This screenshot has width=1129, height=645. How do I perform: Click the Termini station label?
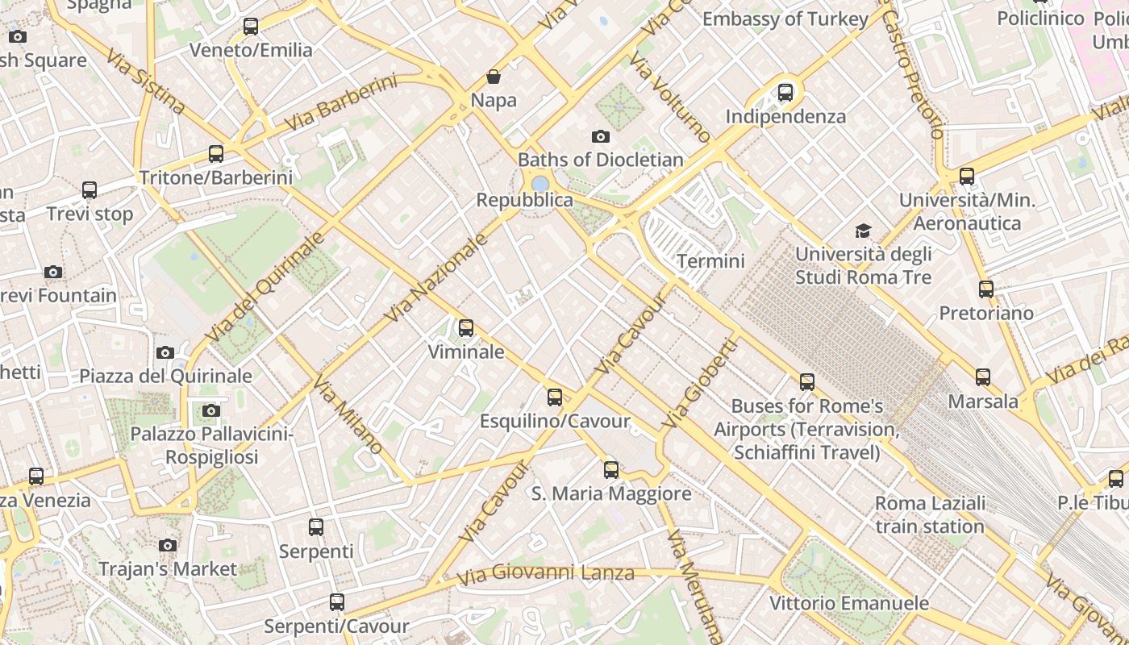click(710, 261)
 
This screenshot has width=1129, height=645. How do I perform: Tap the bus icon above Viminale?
click(466, 328)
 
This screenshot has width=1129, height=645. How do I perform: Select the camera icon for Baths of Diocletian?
click(600, 136)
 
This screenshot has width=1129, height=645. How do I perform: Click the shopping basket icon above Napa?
click(493, 77)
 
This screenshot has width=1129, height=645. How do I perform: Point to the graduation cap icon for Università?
click(864, 231)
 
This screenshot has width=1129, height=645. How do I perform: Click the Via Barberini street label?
click(342, 103)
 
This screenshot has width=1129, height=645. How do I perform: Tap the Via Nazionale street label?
click(436, 277)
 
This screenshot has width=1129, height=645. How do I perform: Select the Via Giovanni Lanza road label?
click(545, 575)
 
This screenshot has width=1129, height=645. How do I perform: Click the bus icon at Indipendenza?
click(785, 93)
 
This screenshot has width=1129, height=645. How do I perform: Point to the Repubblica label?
click(525, 200)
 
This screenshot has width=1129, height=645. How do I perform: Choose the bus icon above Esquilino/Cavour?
click(555, 397)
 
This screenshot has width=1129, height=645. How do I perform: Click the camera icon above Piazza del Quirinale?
click(165, 352)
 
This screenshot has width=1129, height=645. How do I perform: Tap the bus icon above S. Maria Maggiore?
click(611, 469)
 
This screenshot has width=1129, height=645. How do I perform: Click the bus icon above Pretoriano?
click(986, 289)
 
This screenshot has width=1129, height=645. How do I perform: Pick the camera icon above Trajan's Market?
click(168, 546)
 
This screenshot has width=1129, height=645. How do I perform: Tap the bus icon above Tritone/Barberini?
click(215, 153)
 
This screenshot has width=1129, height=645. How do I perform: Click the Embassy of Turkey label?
click(785, 19)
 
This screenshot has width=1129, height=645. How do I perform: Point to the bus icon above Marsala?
click(983, 377)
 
